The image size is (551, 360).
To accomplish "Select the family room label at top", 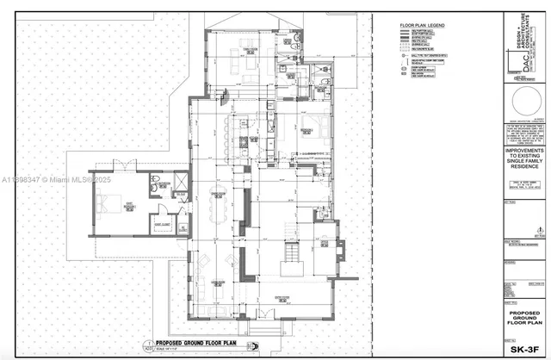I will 250,49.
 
